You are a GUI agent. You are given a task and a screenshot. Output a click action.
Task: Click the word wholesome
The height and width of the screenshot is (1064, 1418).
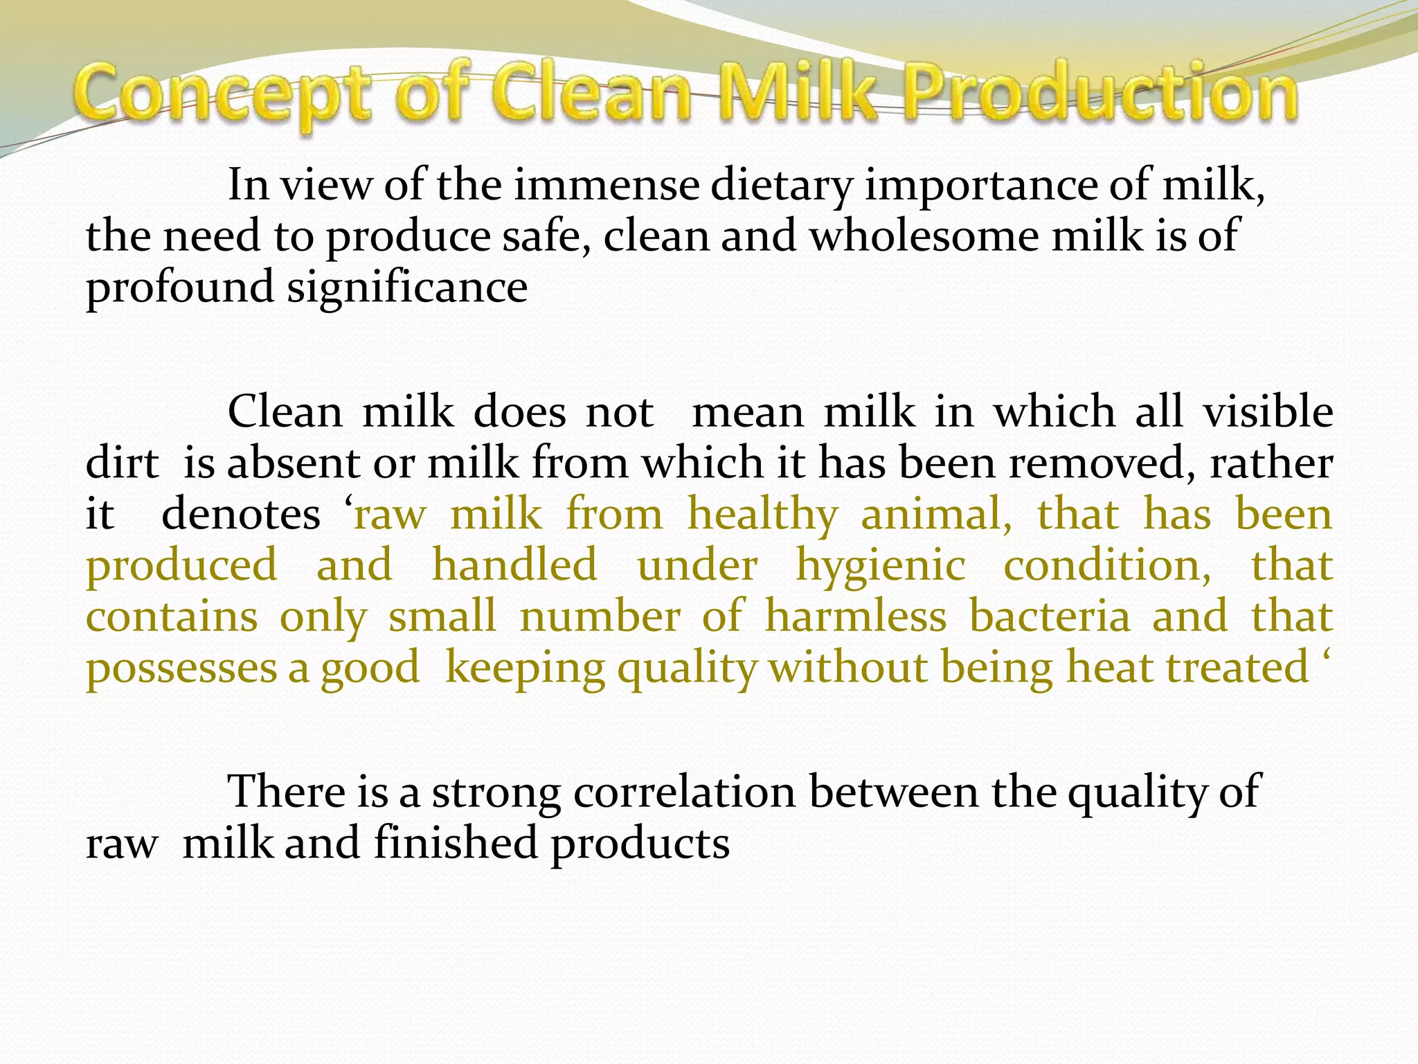(x=924, y=236)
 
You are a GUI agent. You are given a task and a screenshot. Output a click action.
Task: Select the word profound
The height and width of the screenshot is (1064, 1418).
(x=179, y=288)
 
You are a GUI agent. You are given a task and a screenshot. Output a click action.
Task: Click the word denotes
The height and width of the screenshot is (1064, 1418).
(x=240, y=515)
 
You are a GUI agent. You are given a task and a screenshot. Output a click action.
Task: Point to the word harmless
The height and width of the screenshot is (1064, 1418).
(x=855, y=617)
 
